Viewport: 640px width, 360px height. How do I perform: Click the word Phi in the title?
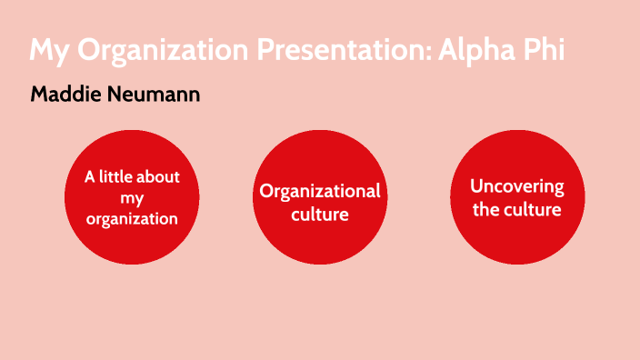pyautogui.click(x=543, y=50)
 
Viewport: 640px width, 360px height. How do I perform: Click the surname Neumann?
pyautogui.click(x=154, y=95)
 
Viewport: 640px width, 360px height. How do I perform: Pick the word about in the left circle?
pyautogui.click(x=159, y=176)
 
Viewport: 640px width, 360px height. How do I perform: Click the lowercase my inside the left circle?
pyautogui.click(x=132, y=197)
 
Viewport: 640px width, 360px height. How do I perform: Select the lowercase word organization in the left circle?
pyautogui.click(x=132, y=218)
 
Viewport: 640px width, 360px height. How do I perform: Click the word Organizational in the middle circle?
pyautogui.click(x=320, y=191)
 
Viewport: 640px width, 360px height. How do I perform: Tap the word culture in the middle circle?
pyautogui.click(x=320, y=215)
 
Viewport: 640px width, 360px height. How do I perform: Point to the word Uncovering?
pyautogui.click(x=517, y=186)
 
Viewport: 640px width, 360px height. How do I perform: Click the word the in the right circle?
pyautogui.click(x=489, y=209)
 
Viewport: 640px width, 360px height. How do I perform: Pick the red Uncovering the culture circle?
pyautogui.click(x=517, y=238)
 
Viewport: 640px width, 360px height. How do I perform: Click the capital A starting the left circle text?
pyautogui.click(x=90, y=176)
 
